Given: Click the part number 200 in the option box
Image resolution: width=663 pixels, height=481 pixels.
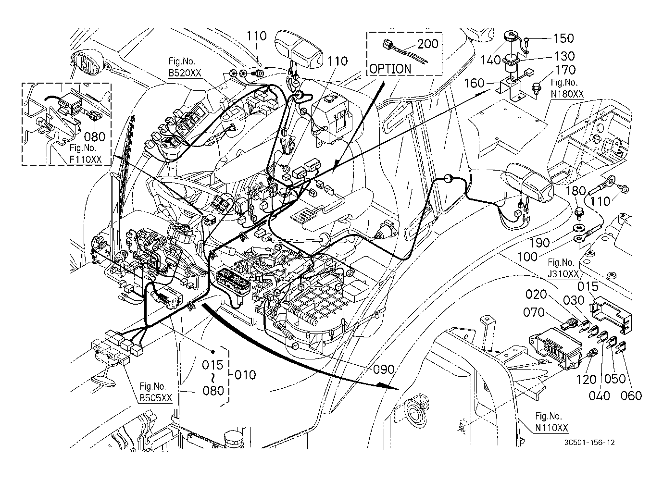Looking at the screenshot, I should click(x=427, y=44).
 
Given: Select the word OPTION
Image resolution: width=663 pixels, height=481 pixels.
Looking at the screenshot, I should click(x=390, y=69).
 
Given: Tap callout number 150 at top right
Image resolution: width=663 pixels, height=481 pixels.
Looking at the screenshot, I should click(x=563, y=38).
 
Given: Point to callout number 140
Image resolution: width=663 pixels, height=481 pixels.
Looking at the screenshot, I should click(x=491, y=60).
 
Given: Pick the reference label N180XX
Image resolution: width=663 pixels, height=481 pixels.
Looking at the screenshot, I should click(x=567, y=95).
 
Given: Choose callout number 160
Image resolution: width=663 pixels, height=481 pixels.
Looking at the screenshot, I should click(x=475, y=83).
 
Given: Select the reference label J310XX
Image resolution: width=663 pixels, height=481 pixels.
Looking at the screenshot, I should click(x=564, y=274).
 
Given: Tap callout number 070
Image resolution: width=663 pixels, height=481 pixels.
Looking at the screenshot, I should click(x=534, y=313).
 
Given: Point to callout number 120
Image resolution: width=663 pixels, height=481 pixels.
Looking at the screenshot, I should click(x=586, y=380).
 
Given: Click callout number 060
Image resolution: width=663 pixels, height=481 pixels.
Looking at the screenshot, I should click(x=631, y=395).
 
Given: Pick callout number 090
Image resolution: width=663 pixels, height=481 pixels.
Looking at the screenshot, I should click(x=384, y=370).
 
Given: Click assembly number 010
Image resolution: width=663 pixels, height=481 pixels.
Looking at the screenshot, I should click(x=245, y=374).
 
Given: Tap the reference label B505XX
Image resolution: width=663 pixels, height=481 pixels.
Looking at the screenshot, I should click(x=156, y=398).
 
